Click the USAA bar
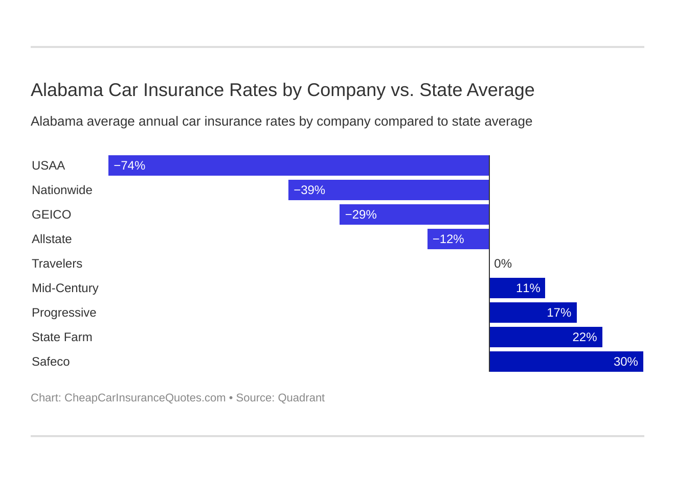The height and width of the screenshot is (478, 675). tap(299, 165)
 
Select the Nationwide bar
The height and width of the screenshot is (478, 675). tap(389, 190)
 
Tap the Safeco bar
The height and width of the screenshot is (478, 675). tap(566, 362)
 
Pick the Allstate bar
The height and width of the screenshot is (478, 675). tap(458, 239)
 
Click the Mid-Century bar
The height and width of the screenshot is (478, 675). tap(517, 288)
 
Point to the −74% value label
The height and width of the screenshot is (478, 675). tap(129, 165)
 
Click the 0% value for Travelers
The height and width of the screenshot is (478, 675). tap(503, 264)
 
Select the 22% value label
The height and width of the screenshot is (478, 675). tap(584, 337)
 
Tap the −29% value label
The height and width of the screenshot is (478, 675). tap(361, 214)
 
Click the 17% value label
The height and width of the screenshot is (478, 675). tap(559, 313)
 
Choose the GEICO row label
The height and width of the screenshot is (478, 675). tap(51, 214)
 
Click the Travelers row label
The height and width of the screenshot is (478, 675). tap(57, 264)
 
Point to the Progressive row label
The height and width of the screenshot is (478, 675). tap(64, 313)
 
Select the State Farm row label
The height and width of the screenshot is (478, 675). tap(62, 337)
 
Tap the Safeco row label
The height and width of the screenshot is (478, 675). tap(51, 362)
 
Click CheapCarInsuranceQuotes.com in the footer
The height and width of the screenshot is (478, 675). tap(145, 398)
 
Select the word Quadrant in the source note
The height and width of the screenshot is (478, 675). tap(301, 398)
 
